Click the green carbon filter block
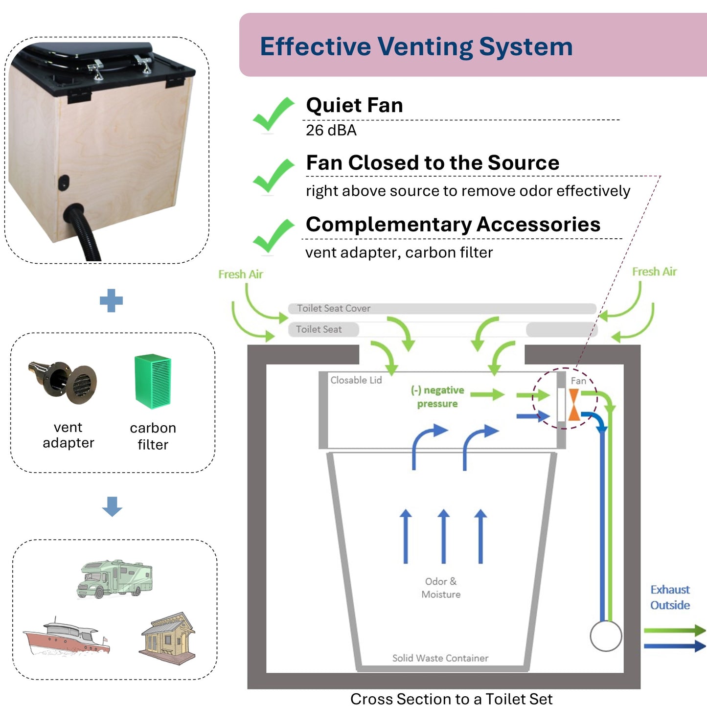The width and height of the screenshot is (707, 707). [x=153, y=381]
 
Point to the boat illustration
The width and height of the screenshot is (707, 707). [x=67, y=637]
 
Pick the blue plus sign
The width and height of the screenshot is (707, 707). [x=111, y=300]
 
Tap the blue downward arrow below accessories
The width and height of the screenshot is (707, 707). [x=112, y=506]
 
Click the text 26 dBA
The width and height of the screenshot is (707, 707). [x=331, y=130]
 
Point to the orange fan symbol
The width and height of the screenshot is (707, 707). [x=574, y=405]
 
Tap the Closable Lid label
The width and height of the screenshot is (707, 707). [x=356, y=380]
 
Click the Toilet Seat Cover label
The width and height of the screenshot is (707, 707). [x=334, y=308]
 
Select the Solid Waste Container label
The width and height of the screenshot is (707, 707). [x=440, y=658]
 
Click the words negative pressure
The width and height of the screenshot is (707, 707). [x=437, y=397]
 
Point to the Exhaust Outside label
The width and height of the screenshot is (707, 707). [x=670, y=597]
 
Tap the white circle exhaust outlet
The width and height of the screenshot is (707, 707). [x=606, y=636]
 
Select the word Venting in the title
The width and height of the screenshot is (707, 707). [x=425, y=47]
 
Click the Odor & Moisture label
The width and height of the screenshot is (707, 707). [x=441, y=588]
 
